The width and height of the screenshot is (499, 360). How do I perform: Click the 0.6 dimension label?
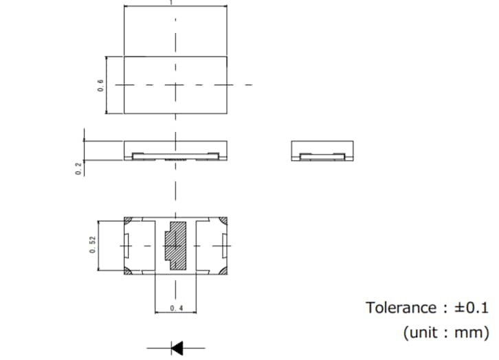click(x=100, y=85)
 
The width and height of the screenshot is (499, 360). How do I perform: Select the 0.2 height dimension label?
click(x=79, y=168)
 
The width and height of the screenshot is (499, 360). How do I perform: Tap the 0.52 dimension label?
click(x=92, y=245)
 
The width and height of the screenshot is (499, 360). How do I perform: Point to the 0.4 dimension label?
click(x=176, y=309)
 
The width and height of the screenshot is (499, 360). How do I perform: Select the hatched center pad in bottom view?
click(x=176, y=245)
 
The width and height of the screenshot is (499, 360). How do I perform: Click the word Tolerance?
click(x=401, y=307)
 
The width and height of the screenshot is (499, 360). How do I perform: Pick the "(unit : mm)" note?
click(x=446, y=333)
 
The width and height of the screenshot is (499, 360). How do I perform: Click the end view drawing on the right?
click(x=322, y=150)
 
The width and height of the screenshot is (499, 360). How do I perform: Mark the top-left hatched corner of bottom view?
click(x=129, y=221)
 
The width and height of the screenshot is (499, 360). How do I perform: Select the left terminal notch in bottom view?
click(x=126, y=245)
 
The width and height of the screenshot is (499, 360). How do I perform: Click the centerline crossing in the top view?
click(x=176, y=85)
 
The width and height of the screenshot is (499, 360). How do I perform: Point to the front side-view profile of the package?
click(x=176, y=150)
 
